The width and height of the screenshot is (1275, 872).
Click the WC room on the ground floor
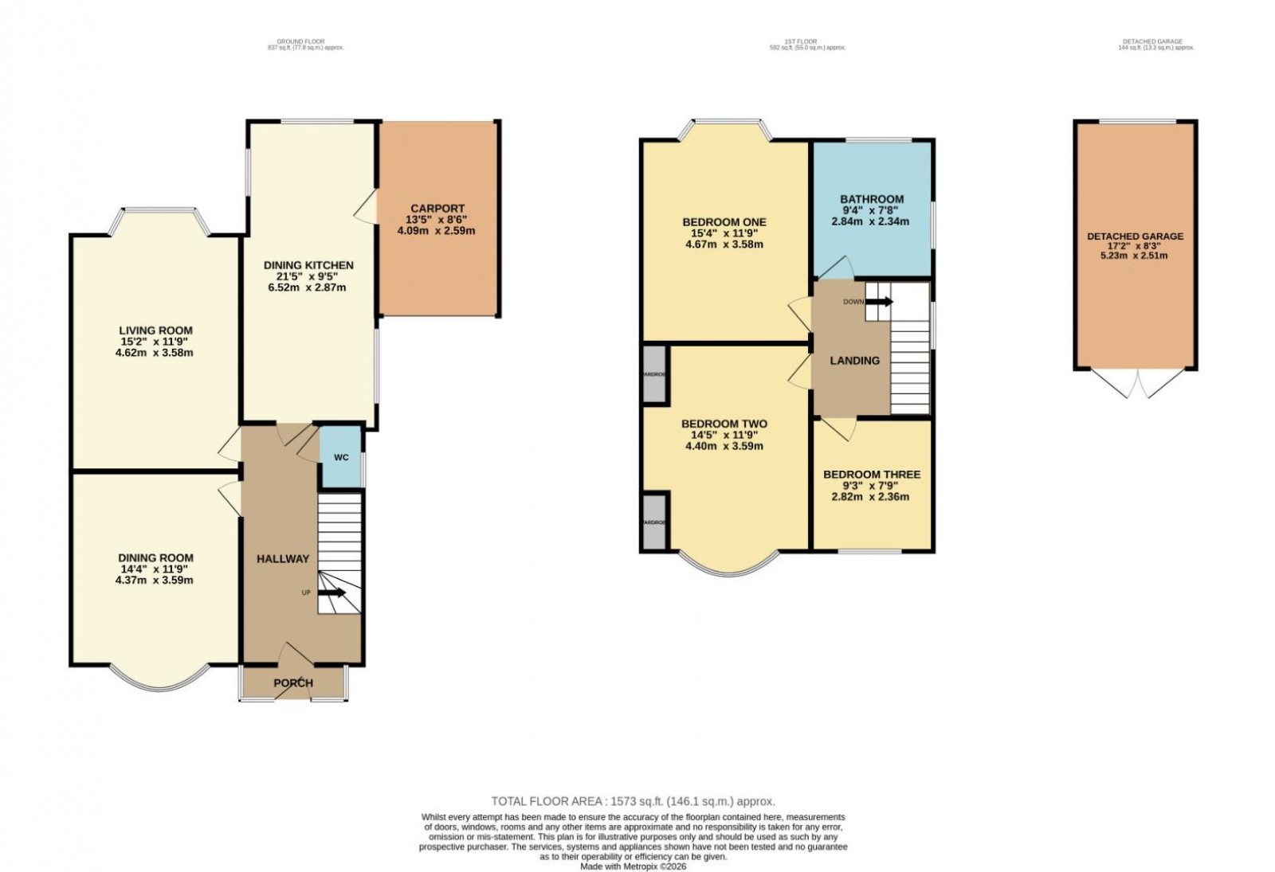pyautogui.click(x=341, y=458)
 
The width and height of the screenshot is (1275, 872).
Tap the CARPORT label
pyautogui.click(x=436, y=209)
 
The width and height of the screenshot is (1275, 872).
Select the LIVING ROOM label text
pyautogui.click(x=155, y=330)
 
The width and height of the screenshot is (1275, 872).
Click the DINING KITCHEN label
pyautogui.click(x=308, y=265)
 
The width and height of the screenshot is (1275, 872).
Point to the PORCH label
pyautogui.click(x=293, y=683)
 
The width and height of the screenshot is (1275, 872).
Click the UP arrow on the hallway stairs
pyautogui.click(x=333, y=592)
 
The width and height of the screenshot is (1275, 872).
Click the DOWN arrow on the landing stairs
pyautogui.click(x=880, y=302)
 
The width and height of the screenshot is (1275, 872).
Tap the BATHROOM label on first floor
pyautogui.click(x=872, y=199)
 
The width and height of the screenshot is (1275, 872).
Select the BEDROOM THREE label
pyautogui.click(x=872, y=475)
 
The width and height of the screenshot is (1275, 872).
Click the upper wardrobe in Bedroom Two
pyautogui.click(x=655, y=373)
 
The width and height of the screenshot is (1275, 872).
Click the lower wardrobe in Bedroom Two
pyautogui.click(x=655, y=521)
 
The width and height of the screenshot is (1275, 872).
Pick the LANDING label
pyautogui.click(x=855, y=361)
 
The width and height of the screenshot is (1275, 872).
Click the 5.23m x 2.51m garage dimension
pyautogui.click(x=1135, y=256)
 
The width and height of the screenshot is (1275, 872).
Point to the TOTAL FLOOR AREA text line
pyautogui.click(x=633, y=802)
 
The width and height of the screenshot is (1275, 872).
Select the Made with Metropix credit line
pyautogui.click(x=633, y=866)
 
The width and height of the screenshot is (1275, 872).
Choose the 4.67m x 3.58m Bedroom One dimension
pyautogui.click(x=724, y=244)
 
